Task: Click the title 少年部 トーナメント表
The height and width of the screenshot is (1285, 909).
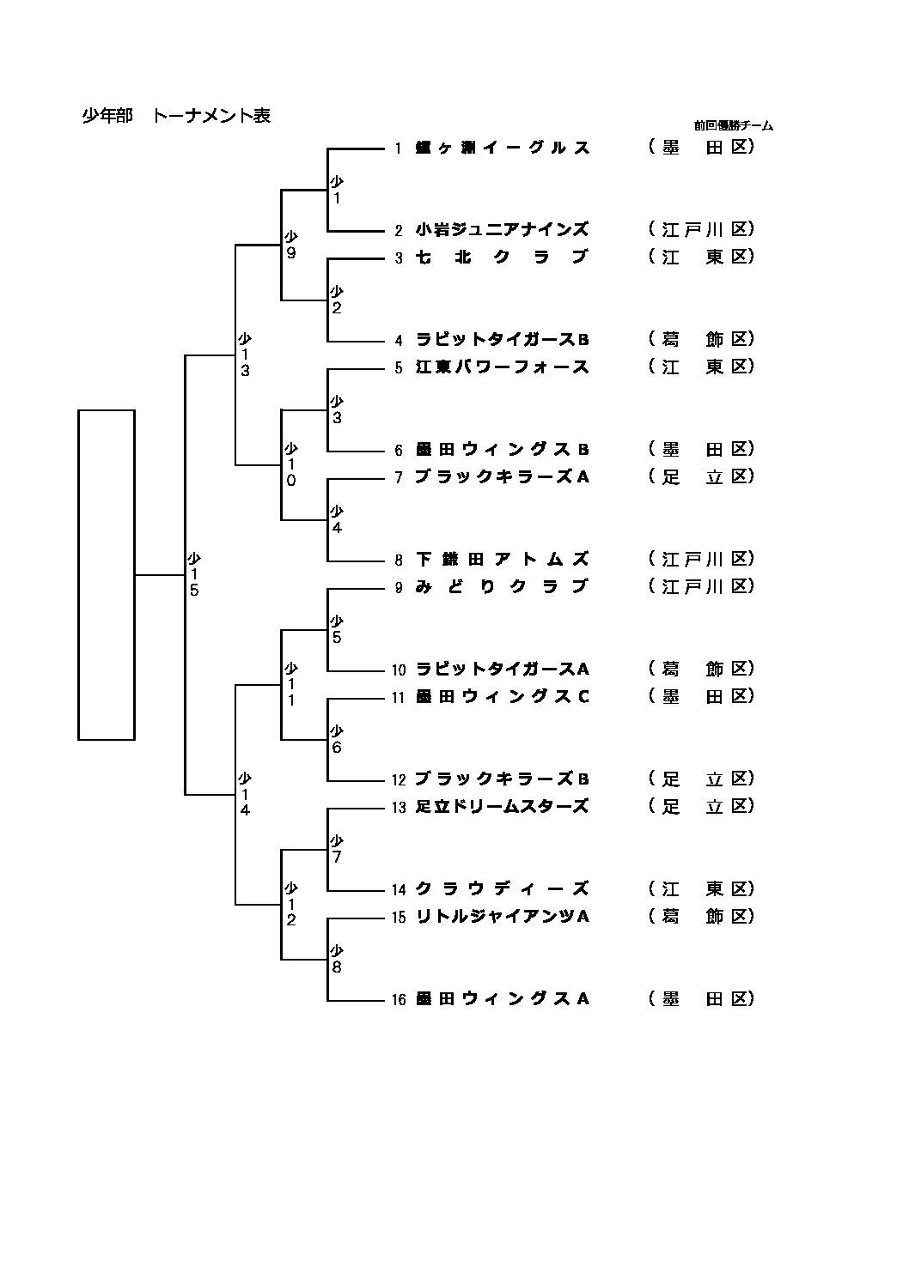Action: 176,116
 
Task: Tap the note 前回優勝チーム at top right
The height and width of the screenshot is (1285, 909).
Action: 733,126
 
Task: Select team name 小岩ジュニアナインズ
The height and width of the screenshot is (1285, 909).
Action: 502,230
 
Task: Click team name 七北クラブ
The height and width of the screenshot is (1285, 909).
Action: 502,258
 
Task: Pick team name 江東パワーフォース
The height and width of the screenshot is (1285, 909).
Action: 502,367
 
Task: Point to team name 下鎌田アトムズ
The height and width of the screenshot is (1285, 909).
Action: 502,560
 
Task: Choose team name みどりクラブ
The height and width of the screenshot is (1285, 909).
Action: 502,587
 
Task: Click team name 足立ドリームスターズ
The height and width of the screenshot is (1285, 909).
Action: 502,807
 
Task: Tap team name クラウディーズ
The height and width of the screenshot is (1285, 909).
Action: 502,889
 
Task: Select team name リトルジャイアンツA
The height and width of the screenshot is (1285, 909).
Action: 502,917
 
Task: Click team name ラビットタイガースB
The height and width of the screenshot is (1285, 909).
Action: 502,340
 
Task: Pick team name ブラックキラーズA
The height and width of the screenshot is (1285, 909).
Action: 502,477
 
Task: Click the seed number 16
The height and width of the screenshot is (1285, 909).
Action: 398,1000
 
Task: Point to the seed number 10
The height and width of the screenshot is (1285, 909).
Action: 398,670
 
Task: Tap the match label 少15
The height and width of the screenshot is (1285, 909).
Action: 194,575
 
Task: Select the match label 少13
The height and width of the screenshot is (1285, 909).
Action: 245,355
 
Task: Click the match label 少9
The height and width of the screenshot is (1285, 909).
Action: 291,245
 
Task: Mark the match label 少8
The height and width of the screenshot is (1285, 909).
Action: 337,960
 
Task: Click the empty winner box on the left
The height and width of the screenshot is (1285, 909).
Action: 107,574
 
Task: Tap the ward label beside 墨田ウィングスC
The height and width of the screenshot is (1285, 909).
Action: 701,697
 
